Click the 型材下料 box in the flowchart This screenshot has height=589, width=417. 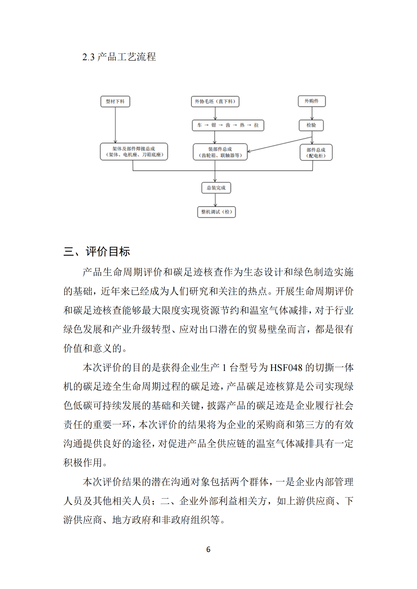(x=115, y=101)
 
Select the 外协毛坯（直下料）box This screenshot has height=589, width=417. (x=215, y=101)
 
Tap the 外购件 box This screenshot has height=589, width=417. (x=311, y=101)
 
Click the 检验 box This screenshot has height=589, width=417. (x=311, y=125)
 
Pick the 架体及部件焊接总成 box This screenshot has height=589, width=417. (x=134, y=152)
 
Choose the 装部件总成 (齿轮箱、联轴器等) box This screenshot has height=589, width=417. (x=220, y=152)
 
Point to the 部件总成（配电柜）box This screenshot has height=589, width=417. (x=316, y=153)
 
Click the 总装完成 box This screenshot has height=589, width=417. (x=216, y=188)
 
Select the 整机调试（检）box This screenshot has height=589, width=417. (x=216, y=212)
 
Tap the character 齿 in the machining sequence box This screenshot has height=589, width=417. (x=228, y=125)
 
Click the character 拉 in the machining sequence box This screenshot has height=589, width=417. (x=256, y=125)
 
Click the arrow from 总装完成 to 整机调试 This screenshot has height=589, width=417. (x=215, y=200)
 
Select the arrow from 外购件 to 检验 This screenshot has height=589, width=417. (x=312, y=113)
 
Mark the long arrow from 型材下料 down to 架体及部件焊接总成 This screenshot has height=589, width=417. (x=115, y=125)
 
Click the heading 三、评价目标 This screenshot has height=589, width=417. (x=97, y=251)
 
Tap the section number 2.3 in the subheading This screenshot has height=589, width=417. (x=88, y=57)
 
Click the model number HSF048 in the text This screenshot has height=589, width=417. (x=286, y=368)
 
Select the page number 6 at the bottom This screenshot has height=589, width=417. (x=208, y=549)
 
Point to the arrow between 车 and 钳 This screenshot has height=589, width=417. (x=206, y=125)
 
